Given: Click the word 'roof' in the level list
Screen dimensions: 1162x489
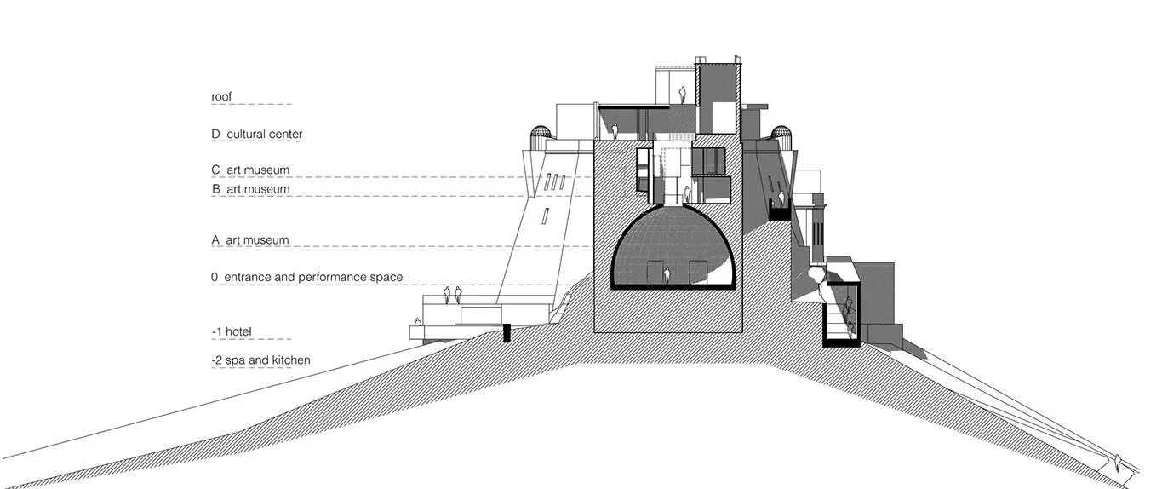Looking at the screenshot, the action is point(221,97).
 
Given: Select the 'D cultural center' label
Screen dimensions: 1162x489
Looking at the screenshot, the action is point(256,135).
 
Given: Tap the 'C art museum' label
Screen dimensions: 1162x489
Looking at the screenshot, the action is point(250,170).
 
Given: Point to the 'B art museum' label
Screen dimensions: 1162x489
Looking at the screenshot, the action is point(250,189).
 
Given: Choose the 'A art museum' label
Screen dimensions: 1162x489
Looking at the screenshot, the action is point(250,241).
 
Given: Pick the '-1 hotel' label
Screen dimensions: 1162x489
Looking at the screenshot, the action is point(232,331).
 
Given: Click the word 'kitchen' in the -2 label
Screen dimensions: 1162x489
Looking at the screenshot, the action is point(291,360).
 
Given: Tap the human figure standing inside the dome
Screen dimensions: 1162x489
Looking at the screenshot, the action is point(668,275).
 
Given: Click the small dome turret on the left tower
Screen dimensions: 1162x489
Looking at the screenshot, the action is point(538,134).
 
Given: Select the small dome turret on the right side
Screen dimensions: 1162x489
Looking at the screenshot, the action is point(781,134).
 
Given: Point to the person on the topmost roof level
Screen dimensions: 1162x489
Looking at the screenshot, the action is point(681,93).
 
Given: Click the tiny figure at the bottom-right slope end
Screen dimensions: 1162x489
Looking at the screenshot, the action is point(1119,462).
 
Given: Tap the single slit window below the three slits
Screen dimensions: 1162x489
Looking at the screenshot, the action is point(541,215).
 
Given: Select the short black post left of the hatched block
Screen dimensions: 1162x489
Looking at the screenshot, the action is point(507,332).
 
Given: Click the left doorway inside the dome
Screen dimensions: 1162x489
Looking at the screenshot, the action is point(653,273).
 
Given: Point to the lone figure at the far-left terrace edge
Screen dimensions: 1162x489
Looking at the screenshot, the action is point(417,324).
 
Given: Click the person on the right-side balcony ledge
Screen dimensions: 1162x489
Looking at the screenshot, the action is point(781,200).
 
